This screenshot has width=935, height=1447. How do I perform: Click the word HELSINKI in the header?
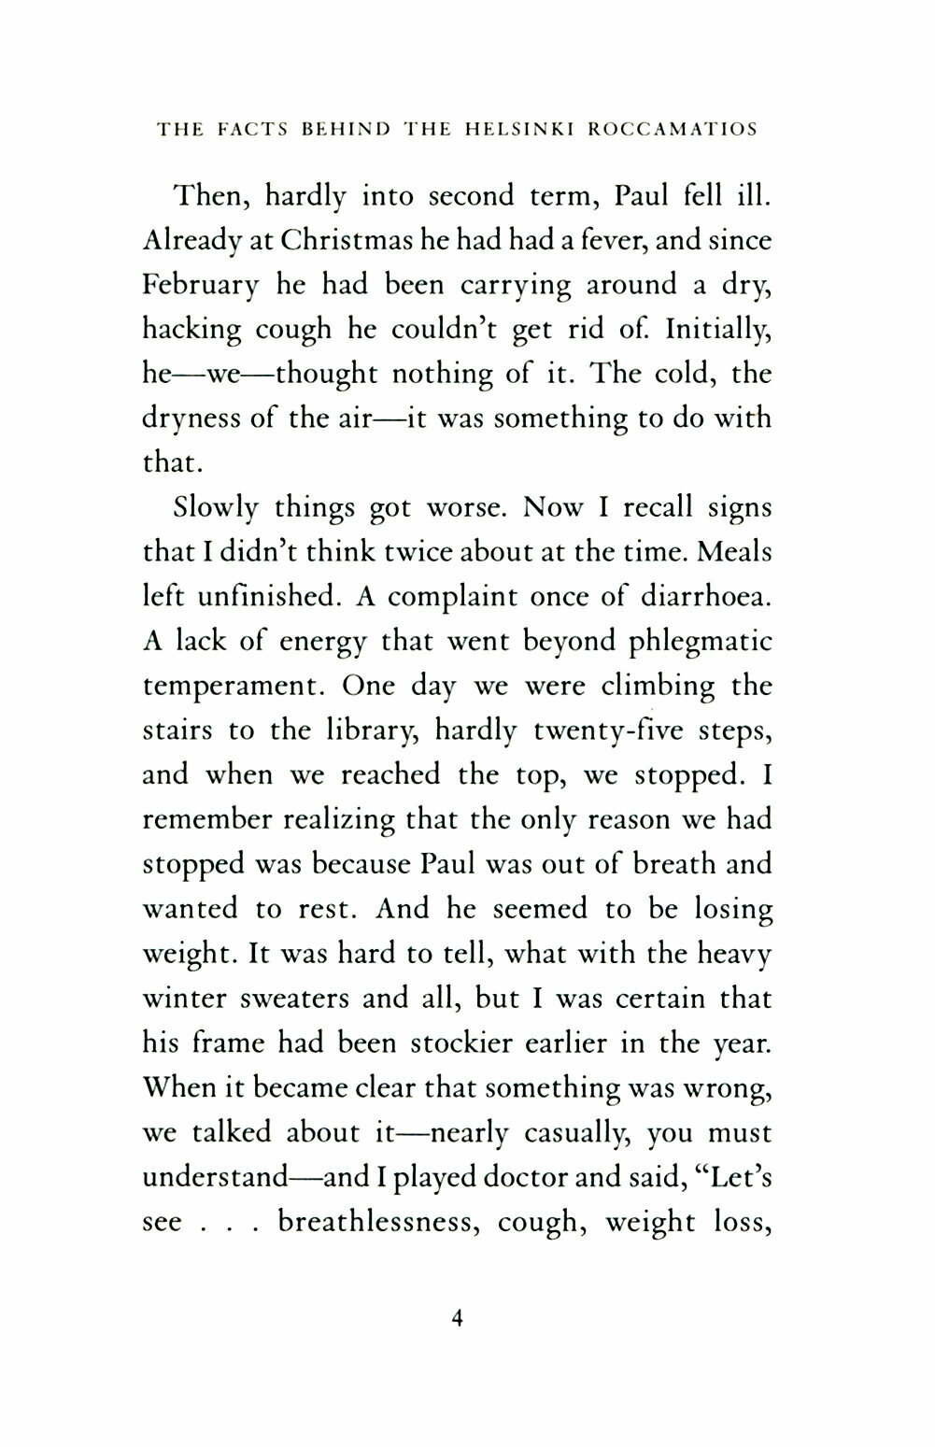tap(518, 130)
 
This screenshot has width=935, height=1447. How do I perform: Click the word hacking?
tap(191, 330)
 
